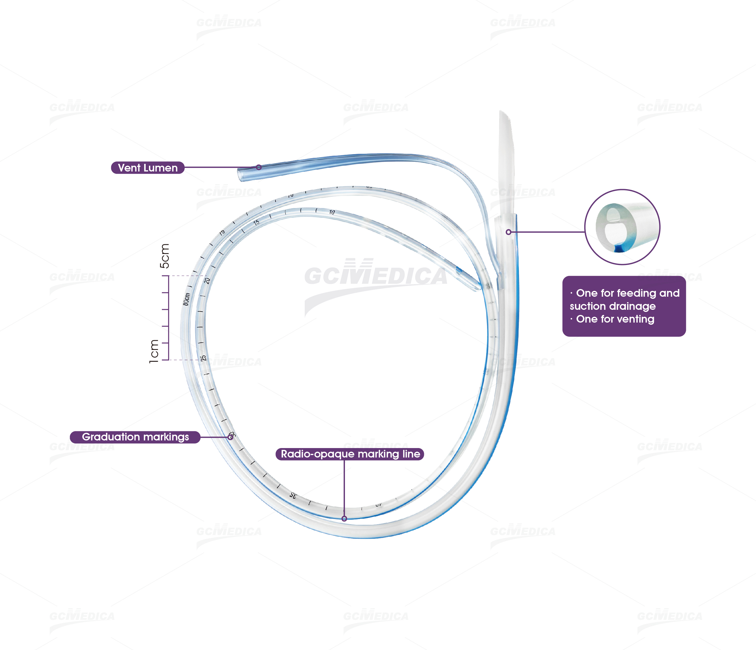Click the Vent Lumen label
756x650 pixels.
coord(147,168)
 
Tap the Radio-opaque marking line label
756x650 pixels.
coord(350,454)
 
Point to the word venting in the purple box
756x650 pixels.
coord(637,319)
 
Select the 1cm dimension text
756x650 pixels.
coord(154,351)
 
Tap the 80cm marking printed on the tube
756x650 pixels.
coord(186,299)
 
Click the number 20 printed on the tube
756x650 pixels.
coord(207,281)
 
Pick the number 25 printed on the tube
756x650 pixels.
coord(204,358)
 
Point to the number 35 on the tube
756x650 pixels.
coord(293,495)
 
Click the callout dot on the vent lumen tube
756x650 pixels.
coord(259,168)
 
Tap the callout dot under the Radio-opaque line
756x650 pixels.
coord(344,518)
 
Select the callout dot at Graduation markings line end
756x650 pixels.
coord(231,437)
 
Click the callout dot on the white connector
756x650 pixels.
coord(508,232)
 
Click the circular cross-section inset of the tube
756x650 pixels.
coord(622,227)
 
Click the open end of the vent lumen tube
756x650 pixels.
coord(241,175)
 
